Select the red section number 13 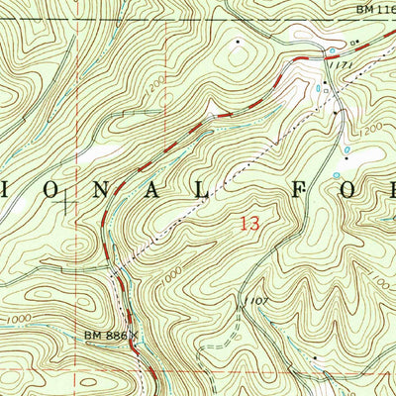point(249,224)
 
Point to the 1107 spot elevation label point(254,299)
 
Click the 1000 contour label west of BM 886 point(17,320)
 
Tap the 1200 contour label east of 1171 point(371,129)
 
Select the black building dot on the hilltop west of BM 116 point(238,43)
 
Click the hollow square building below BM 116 point(354,43)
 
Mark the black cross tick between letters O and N point(67,203)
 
